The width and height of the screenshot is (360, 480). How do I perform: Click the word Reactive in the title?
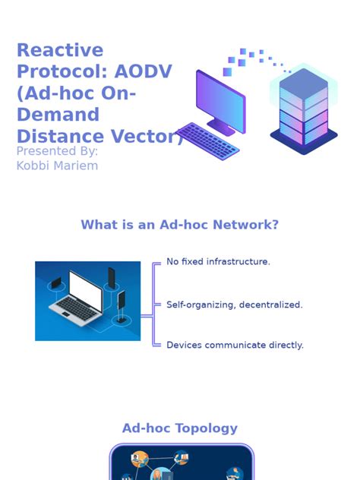(59, 51)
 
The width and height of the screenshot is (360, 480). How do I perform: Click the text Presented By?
(57, 151)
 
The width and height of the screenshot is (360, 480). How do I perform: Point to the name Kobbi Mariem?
(57, 166)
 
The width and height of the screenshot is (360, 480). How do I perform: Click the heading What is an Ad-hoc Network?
(180, 225)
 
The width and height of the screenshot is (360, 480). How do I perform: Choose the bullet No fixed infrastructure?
(218, 262)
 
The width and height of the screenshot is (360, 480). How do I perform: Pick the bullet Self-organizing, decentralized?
(234, 305)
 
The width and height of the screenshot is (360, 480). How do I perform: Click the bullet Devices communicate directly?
(235, 345)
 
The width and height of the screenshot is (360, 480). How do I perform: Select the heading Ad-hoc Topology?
(180, 428)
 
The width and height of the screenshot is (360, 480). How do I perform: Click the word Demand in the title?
(58, 115)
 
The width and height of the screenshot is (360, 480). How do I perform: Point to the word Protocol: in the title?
(64, 72)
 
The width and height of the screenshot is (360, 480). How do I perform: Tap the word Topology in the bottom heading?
(206, 428)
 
